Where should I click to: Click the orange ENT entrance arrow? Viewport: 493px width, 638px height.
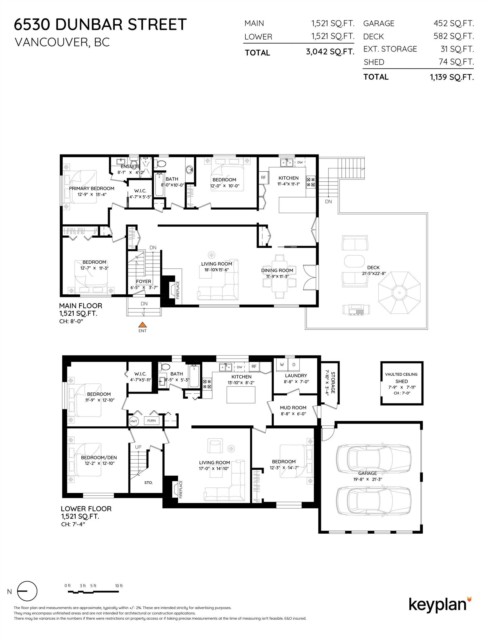(x=142, y=325)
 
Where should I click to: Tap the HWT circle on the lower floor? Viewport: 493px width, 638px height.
(x=134, y=421)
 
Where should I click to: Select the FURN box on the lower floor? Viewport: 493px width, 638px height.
(x=152, y=421)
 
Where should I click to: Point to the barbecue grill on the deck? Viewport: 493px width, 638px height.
(x=356, y=309)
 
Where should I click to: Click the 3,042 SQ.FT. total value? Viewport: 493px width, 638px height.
(x=330, y=52)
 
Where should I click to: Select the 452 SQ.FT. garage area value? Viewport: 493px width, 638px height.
(x=454, y=23)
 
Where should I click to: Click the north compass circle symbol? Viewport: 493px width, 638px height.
(x=27, y=591)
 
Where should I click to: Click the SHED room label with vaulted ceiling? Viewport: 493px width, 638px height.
(x=401, y=381)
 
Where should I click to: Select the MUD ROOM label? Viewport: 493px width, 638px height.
(x=293, y=408)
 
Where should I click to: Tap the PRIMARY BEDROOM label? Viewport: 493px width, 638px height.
(x=91, y=188)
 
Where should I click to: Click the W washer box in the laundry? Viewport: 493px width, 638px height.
(x=282, y=365)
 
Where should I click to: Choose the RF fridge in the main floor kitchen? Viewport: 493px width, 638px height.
(x=263, y=177)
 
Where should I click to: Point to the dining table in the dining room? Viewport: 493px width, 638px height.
(x=279, y=276)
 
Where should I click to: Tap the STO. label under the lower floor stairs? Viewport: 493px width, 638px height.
(x=148, y=483)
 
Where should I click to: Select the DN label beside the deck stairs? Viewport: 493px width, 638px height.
(x=328, y=202)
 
